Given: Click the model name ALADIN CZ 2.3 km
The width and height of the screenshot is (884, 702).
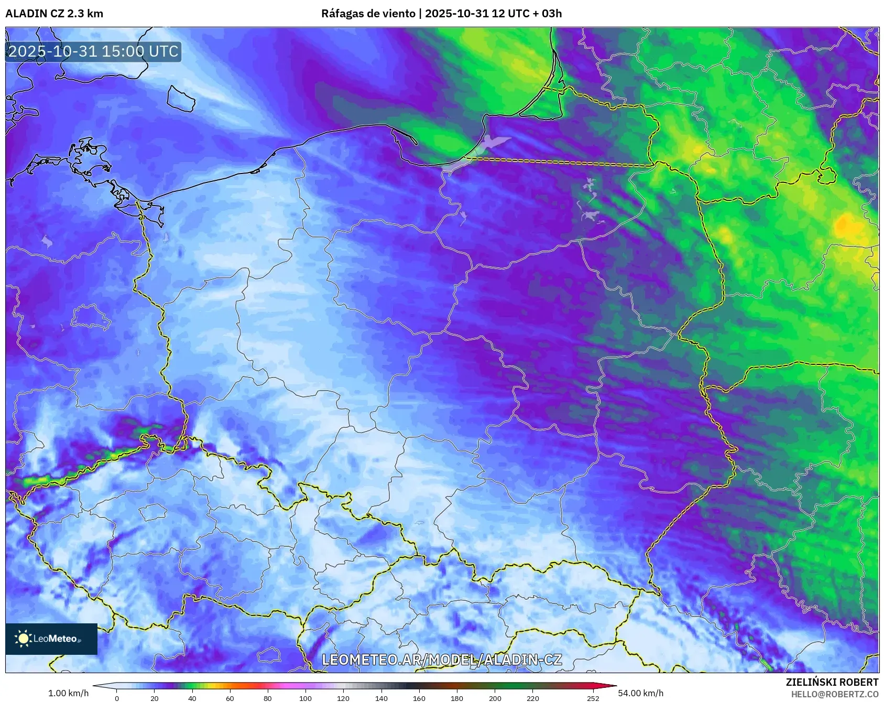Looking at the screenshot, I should pyautogui.click(x=54, y=14).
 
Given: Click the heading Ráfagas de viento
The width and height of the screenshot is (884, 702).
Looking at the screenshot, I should pyautogui.click(x=368, y=14).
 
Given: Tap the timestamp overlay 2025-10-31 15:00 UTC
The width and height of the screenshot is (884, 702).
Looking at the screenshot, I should pyautogui.click(x=93, y=51).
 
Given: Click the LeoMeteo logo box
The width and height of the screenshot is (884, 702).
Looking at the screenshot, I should pyautogui.click(x=51, y=639).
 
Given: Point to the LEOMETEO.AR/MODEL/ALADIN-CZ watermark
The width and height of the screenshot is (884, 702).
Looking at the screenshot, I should pyautogui.click(x=442, y=660).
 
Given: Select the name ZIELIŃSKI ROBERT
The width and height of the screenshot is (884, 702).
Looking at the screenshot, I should pyautogui.click(x=832, y=682).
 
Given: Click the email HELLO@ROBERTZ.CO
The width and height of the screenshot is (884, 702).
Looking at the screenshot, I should pyautogui.click(x=834, y=694).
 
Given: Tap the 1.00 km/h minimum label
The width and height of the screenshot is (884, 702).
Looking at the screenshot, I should pyautogui.click(x=68, y=693).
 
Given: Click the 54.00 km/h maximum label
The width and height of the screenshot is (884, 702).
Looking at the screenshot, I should pyautogui.click(x=640, y=693).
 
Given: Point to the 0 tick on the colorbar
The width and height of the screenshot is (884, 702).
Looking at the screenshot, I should pyautogui.click(x=116, y=698).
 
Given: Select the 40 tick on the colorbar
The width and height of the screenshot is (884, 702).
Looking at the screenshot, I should pyautogui.click(x=192, y=698).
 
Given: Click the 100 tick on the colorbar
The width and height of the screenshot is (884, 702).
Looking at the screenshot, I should pyautogui.click(x=305, y=698).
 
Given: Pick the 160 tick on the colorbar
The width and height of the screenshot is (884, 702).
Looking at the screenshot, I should pyautogui.click(x=419, y=698).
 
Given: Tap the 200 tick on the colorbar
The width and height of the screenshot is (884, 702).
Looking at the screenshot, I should pyautogui.click(x=495, y=698).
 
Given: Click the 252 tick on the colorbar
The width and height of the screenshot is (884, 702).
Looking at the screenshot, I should pyautogui.click(x=593, y=698).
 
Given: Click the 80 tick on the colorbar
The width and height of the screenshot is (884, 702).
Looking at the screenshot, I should pyautogui.click(x=268, y=698).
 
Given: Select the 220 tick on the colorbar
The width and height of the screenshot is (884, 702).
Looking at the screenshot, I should pyautogui.click(x=533, y=698).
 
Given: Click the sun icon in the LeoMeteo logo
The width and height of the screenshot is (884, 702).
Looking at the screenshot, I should pyautogui.click(x=23, y=638).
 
